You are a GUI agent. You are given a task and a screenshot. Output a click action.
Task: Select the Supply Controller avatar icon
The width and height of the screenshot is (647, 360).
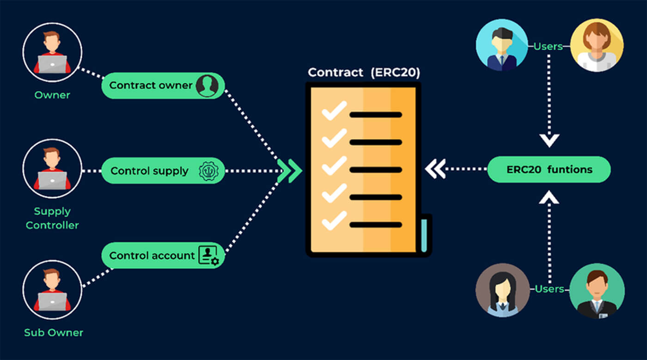(52, 169)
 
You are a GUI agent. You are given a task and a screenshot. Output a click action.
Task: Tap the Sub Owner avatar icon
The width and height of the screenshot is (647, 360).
(52, 290)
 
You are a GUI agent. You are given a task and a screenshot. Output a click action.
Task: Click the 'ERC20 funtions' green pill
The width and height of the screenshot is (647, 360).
(549, 170)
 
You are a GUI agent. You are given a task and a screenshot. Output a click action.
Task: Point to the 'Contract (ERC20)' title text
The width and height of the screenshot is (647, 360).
(364, 73)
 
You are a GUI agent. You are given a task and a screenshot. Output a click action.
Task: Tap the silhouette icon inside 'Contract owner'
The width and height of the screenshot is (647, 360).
(207, 85)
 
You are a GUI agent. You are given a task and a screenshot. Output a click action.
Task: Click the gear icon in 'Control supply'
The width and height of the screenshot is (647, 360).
(208, 171)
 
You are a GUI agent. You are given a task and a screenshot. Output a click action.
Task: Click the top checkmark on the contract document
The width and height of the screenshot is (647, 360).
(334, 111)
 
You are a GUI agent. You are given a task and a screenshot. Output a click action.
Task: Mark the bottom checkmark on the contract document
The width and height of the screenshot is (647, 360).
(334, 220)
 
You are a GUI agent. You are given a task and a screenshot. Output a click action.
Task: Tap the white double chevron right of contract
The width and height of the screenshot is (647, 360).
(435, 169)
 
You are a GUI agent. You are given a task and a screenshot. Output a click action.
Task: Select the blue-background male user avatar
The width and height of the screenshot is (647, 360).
(502, 45)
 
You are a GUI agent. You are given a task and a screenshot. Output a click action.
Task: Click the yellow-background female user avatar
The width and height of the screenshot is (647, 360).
(597, 45)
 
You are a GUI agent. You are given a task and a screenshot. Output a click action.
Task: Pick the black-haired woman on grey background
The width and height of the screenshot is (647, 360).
(502, 290)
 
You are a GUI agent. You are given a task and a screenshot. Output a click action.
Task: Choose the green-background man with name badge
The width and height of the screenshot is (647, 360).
(596, 290)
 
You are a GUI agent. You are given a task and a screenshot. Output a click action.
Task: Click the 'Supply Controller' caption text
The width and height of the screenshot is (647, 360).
(52, 218)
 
